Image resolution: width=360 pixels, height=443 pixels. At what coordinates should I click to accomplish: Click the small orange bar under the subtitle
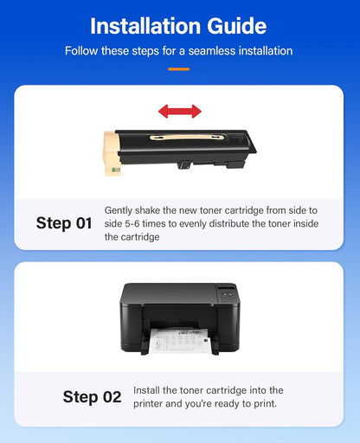click(179, 67)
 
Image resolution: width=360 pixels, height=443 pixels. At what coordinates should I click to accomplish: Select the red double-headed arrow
click(179, 111)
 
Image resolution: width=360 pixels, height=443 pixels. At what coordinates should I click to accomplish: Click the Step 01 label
click(63, 223)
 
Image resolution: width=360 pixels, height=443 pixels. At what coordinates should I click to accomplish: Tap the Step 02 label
click(92, 397)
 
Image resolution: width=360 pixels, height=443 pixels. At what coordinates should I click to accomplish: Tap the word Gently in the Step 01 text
click(121, 210)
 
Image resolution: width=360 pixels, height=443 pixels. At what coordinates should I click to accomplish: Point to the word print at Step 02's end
click(265, 403)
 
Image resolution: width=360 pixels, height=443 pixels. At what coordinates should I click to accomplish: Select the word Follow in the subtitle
click(83, 51)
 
